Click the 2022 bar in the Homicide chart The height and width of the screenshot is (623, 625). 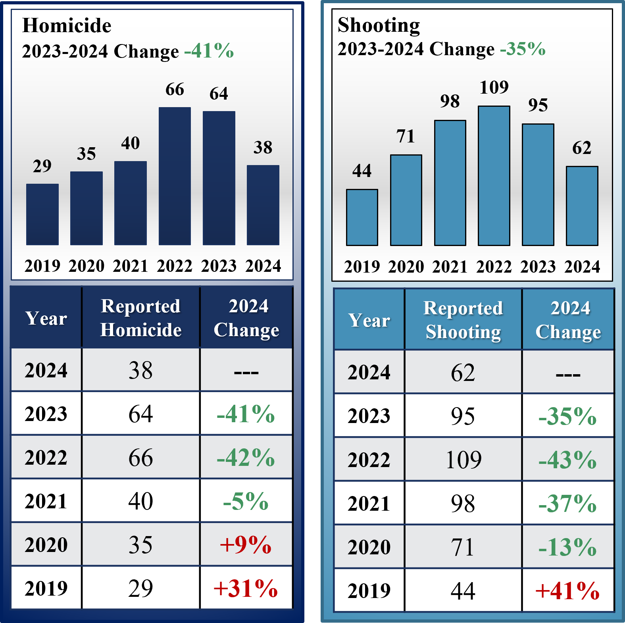tap(175, 176)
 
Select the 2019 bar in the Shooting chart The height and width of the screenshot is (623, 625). tap(362, 217)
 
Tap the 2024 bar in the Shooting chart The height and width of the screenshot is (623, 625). tap(582, 206)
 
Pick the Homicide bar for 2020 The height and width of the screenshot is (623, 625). tap(87, 208)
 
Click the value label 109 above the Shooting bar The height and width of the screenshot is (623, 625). tap(494, 88)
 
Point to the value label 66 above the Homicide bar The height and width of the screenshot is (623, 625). tap(175, 90)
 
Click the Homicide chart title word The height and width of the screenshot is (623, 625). tap(67, 26)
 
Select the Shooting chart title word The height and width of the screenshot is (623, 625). tap(379, 25)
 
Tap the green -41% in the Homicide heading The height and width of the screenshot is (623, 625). tap(209, 51)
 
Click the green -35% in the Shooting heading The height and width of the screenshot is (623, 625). tap(523, 49)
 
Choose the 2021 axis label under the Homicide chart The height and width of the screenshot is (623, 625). tap(131, 266)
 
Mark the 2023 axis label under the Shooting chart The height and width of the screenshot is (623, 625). tap(538, 267)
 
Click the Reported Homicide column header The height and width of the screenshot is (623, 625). tap(141, 318)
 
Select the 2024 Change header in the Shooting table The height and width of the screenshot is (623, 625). tap(568, 320)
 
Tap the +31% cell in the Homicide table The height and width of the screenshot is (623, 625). tap(246, 588)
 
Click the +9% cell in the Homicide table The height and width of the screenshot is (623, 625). tap(246, 544)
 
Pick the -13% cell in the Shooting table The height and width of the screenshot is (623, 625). tap(567, 547)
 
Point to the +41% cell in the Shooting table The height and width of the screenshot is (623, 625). tap(567, 591)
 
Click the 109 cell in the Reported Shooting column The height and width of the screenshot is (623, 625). tap(463, 460)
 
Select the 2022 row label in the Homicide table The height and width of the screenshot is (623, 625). tap(46, 458)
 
